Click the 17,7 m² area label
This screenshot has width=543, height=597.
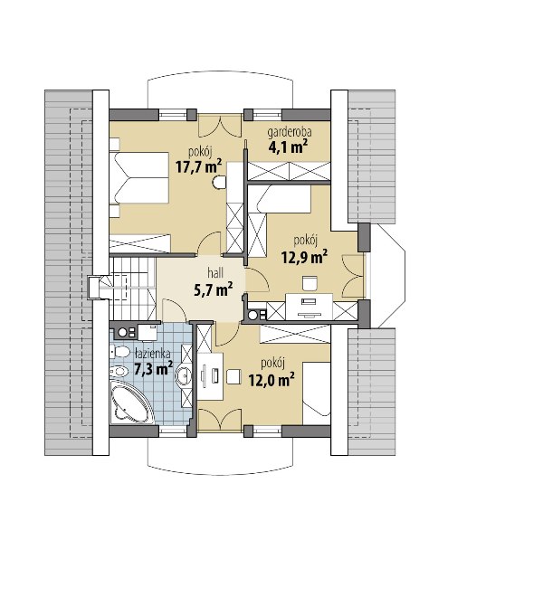point(198,166)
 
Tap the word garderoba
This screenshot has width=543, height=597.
point(290,132)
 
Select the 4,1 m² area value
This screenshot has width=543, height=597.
point(289,147)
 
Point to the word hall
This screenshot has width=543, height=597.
point(215,272)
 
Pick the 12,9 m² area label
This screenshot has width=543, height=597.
point(305,257)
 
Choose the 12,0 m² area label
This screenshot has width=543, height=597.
point(271,379)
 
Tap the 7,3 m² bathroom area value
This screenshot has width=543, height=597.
point(154,368)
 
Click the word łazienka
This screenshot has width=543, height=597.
point(152,354)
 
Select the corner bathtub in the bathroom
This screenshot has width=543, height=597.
point(129,401)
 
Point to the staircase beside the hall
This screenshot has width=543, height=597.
point(133,289)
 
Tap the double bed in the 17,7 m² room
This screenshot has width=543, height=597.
point(139,178)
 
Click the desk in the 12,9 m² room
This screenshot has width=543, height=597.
point(309,306)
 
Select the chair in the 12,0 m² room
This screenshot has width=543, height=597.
point(233,376)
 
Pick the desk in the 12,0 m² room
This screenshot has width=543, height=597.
point(210,376)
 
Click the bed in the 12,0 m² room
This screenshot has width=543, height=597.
point(316,393)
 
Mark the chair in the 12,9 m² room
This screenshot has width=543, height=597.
point(310,283)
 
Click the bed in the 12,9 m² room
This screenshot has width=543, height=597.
point(284,199)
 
